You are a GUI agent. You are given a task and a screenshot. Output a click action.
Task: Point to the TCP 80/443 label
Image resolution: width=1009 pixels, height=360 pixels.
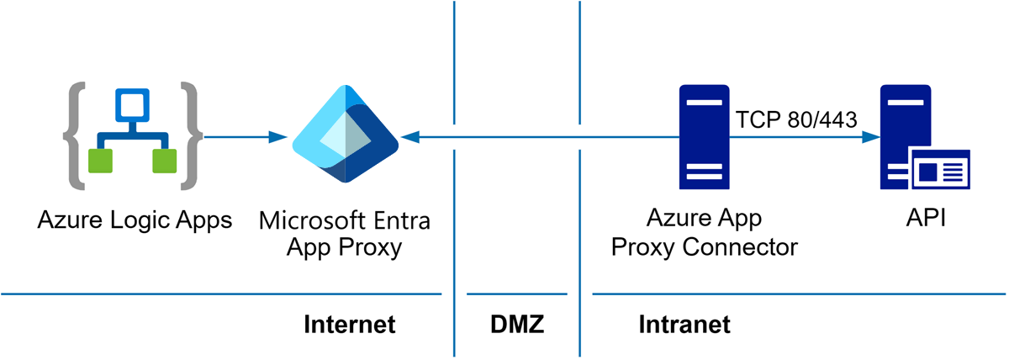pyautogui.click(x=796, y=119)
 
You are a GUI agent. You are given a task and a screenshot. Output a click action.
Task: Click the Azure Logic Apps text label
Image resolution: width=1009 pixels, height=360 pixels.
pyautogui.click(x=135, y=221)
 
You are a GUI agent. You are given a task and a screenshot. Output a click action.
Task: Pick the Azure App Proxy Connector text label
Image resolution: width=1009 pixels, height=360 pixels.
pyautogui.click(x=704, y=233)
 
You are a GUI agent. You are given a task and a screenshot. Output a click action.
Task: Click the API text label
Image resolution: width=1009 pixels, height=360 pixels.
pyautogui.click(x=925, y=220)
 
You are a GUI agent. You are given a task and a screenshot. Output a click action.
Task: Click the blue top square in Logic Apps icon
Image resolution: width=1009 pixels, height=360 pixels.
pyautogui.click(x=131, y=105)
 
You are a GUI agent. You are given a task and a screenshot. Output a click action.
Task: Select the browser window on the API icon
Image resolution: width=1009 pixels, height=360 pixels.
pyautogui.click(x=939, y=172)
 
